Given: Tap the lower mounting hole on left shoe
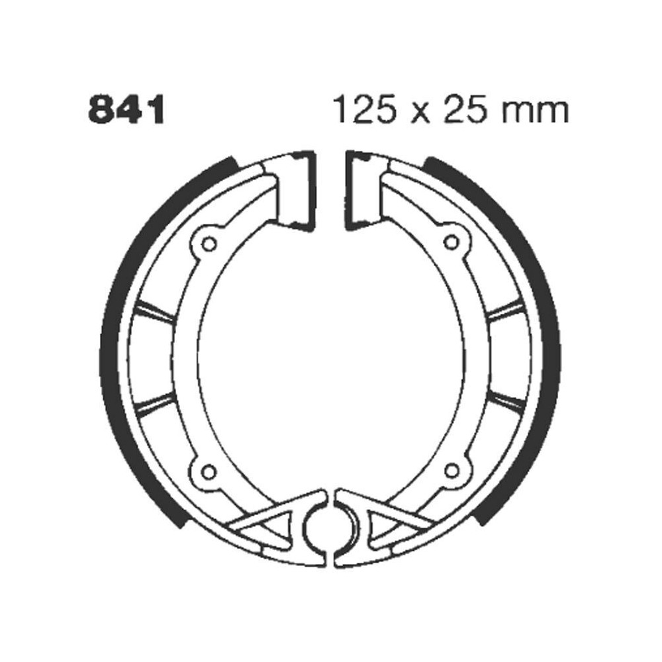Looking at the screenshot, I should pyautogui.click(x=209, y=471).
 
